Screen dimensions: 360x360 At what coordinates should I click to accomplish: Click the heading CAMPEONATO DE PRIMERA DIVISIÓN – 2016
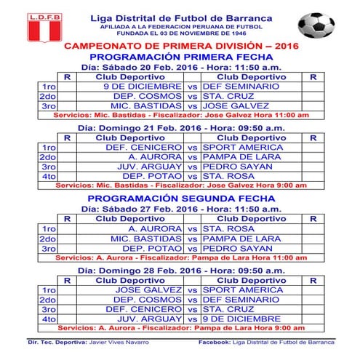click(x=181, y=46)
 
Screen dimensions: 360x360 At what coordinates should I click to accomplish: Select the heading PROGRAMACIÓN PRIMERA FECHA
click(x=181, y=56)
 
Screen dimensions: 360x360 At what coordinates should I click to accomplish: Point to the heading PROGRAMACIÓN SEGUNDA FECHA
click(x=181, y=199)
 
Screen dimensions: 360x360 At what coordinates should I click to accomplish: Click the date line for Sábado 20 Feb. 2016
click(x=181, y=66)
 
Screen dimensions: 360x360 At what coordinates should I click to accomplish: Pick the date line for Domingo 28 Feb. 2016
click(x=181, y=270)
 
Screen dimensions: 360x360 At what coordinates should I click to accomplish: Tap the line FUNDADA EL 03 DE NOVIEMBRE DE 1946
click(x=181, y=34)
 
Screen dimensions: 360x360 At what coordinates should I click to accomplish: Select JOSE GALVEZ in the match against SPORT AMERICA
click(x=153, y=289)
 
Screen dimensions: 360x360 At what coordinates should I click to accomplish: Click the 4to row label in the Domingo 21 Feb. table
click(x=48, y=175)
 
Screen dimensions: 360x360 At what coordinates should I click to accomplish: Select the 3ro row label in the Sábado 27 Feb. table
click(x=48, y=248)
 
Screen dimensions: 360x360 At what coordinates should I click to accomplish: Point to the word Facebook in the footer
click(x=215, y=341)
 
